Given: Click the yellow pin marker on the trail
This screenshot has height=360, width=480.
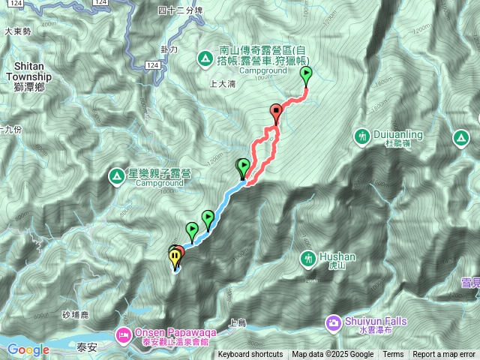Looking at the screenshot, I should click(175, 257).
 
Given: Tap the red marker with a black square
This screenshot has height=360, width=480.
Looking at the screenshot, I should click(276, 112).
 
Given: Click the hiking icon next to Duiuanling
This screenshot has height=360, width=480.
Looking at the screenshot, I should click(363, 136).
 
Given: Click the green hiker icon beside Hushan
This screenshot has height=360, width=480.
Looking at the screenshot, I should click(307, 259).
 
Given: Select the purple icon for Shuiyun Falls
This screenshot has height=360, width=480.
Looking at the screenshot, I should click(333, 322).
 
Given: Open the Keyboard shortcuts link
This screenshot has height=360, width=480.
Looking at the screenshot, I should click(250, 355).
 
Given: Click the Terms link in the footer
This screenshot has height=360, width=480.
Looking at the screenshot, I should click(393, 355).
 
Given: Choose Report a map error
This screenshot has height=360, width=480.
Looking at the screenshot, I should click(445, 355).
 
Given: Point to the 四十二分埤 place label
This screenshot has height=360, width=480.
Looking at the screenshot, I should click(181, 10).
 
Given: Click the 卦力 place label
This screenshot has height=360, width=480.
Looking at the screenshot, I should click(169, 49).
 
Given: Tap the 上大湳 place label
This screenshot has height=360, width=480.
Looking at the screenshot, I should click(223, 84).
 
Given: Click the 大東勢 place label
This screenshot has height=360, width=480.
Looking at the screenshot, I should click(16, 31).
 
